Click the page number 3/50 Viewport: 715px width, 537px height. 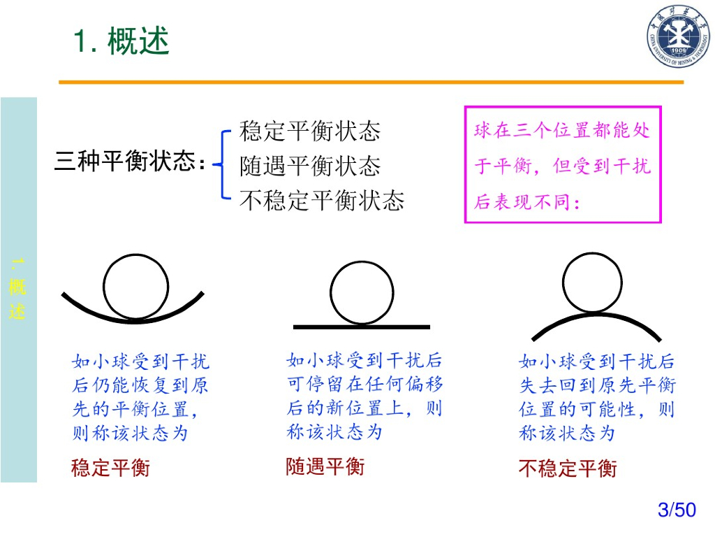click(677, 510)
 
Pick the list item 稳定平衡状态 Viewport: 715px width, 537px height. click(310, 131)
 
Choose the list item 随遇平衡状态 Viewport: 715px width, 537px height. click(310, 166)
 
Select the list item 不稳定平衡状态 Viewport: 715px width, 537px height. click(322, 201)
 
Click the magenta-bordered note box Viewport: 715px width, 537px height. click(563, 165)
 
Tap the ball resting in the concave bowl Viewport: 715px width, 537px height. click(135, 287)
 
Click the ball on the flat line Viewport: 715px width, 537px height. click(362, 293)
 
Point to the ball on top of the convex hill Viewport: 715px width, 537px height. click(591, 282)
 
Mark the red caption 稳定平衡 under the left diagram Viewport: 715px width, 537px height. click(110, 468)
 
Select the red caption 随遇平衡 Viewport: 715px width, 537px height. click(325, 466)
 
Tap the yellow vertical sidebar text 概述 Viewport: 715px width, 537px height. click(17, 290)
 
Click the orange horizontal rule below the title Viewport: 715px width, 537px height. click(371, 83)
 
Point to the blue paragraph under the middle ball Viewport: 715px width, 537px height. click(364, 396)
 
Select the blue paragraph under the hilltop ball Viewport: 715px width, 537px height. click(597, 397)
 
